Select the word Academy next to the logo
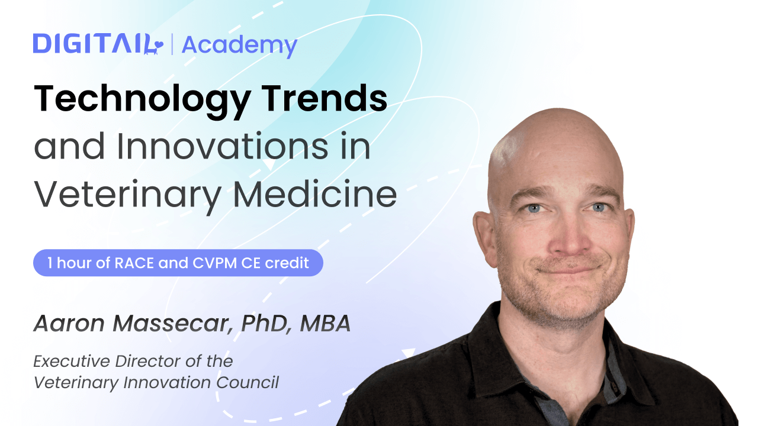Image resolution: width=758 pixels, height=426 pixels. click(x=239, y=45)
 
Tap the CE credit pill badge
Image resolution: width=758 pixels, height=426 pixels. click(x=178, y=263)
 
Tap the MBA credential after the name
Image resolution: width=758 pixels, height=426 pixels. click(x=326, y=323)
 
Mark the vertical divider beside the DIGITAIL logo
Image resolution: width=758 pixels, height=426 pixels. click(x=172, y=44)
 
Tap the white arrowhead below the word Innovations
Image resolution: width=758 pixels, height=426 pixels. click(x=268, y=164)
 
